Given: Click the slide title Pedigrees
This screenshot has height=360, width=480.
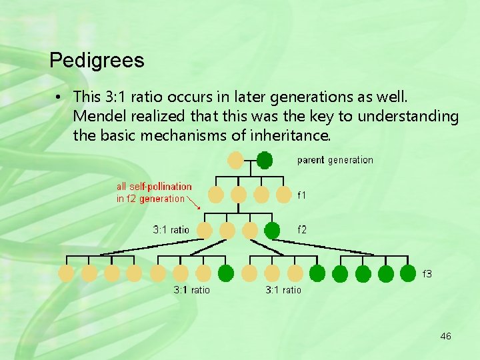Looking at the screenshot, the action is (97, 61).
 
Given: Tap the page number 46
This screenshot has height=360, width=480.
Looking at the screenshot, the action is (445, 336).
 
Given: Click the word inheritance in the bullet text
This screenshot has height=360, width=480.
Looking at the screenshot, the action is (294, 136).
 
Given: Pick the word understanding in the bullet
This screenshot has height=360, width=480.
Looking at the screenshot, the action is (408, 117).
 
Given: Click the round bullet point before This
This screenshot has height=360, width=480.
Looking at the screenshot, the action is (59, 97).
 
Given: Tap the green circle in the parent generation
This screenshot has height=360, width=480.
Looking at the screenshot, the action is (265, 160).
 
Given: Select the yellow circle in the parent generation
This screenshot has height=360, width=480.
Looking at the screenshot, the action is (235, 160).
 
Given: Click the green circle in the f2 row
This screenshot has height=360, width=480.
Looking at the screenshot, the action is (272, 231).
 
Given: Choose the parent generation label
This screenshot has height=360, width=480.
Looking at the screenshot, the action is (335, 160).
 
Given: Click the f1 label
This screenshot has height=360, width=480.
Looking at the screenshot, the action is (302, 195).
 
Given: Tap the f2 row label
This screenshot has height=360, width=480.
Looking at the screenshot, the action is (302, 230).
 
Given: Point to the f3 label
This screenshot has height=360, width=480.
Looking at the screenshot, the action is (427, 273).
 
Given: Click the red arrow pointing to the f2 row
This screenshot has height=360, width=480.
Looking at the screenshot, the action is (195, 203).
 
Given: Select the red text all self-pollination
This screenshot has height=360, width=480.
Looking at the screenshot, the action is (154, 187).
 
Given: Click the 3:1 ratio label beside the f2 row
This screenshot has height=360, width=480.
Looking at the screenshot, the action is (171, 230).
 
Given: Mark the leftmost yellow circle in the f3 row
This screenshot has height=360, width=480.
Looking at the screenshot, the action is (67, 273).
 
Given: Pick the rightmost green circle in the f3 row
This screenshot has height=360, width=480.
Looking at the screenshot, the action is (409, 273).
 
